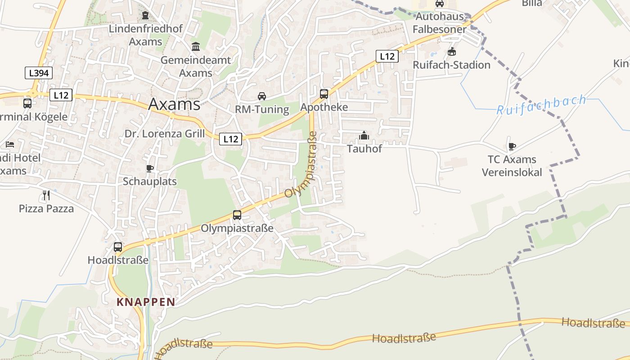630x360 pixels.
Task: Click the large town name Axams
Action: [x=174, y=104]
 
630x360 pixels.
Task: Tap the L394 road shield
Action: [x=38, y=73]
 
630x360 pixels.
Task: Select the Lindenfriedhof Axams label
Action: [x=145, y=35]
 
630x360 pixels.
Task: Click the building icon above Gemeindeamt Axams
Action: [x=196, y=46]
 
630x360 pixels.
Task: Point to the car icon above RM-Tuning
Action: [x=261, y=96]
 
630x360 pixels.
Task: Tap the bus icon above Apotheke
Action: [x=324, y=94]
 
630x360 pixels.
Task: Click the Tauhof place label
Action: [x=364, y=148]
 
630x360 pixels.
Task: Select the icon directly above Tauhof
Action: [x=364, y=135]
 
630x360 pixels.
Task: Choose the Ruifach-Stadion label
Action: [x=451, y=65]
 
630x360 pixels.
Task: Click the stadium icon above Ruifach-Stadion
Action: [x=451, y=52]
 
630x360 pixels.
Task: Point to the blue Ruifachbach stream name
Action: [x=541, y=104]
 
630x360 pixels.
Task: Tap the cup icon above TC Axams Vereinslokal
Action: [x=512, y=146]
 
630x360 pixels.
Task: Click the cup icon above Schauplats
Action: [x=150, y=168]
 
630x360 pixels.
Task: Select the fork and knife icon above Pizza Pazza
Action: [x=46, y=195]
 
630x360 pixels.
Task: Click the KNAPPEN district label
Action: [x=145, y=302]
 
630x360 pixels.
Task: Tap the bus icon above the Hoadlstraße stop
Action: [x=117, y=247]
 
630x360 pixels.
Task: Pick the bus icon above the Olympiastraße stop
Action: [x=237, y=215]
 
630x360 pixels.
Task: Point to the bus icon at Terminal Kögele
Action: [x=27, y=103]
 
